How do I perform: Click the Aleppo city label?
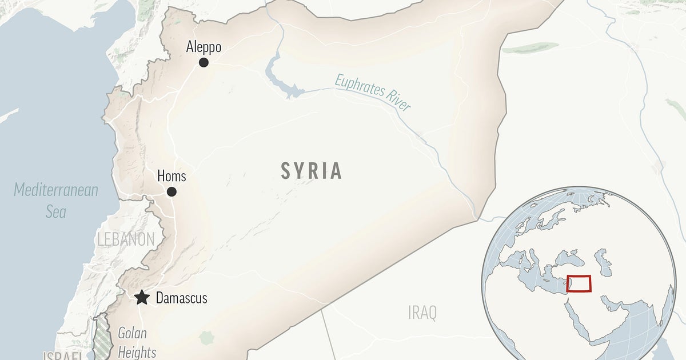[204, 47]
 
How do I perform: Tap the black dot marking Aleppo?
[204, 62]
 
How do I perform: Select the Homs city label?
[171, 177]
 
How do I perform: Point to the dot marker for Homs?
[171, 192]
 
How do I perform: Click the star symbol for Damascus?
[141, 298]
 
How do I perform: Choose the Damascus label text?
[181, 298]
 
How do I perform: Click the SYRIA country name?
[312, 171]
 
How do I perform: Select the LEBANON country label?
[126, 239]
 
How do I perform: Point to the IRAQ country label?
[422, 313]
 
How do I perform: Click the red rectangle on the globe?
[579, 284]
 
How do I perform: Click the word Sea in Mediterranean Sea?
[56, 212]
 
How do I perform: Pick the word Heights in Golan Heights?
[137, 351]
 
